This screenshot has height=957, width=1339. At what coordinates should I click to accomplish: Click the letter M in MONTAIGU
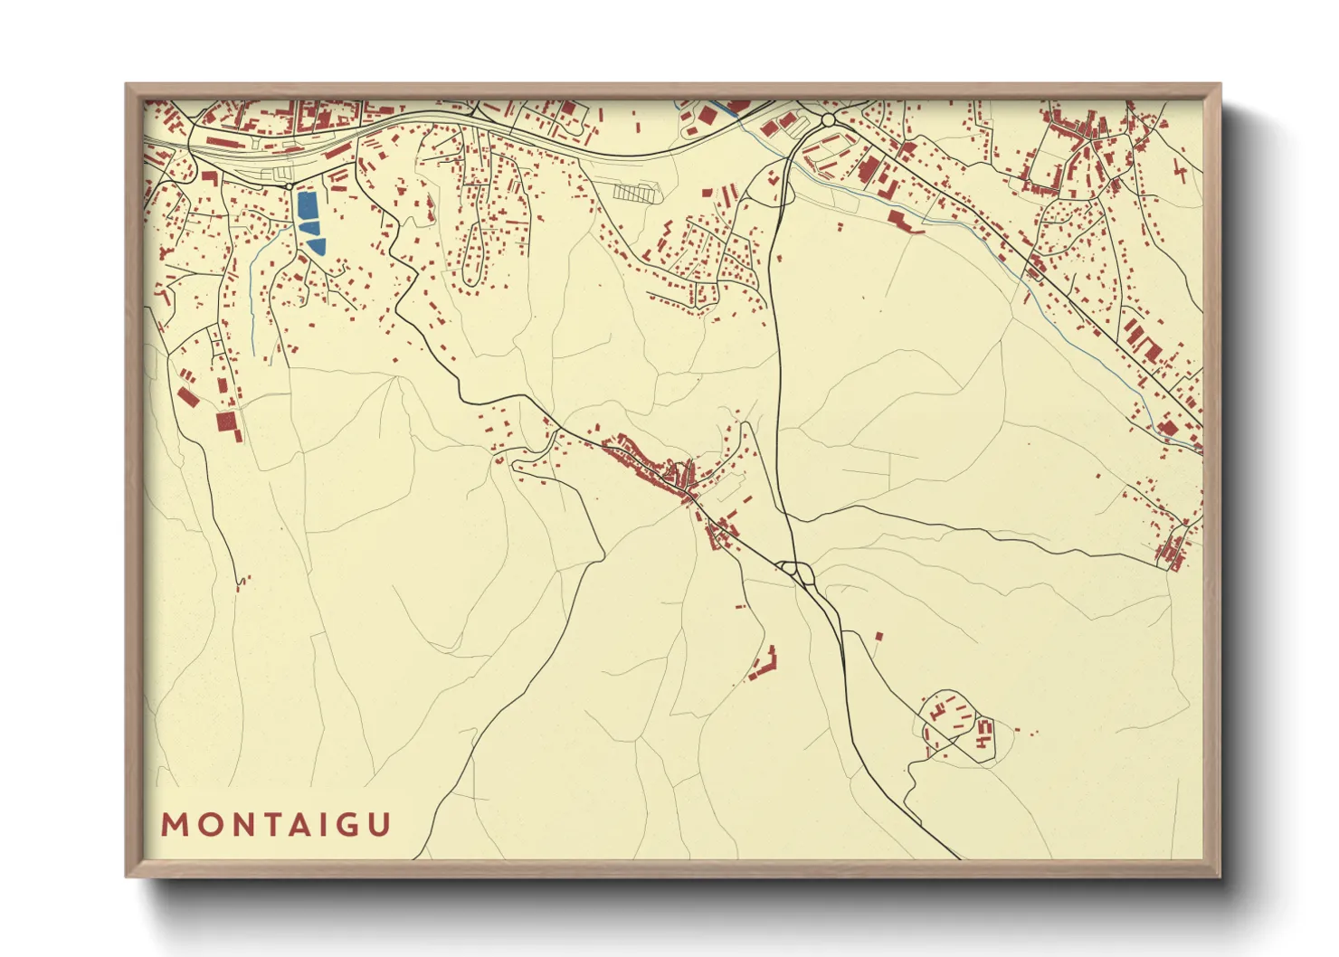(173, 825)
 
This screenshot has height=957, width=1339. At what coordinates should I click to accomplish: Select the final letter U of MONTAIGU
(380, 825)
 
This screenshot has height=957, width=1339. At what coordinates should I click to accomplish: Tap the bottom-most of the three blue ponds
(316, 245)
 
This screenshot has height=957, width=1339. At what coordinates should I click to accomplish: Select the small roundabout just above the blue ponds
(290, 186)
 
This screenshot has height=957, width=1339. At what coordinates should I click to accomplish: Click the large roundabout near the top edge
(827, 119)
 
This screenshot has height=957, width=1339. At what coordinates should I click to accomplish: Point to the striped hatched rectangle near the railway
(634, 192)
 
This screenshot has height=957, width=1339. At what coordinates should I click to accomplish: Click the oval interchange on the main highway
(798, 572)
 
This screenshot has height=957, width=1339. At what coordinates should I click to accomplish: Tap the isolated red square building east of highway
(878, 637)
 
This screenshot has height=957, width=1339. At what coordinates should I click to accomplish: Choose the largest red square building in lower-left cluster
(224, 422)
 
